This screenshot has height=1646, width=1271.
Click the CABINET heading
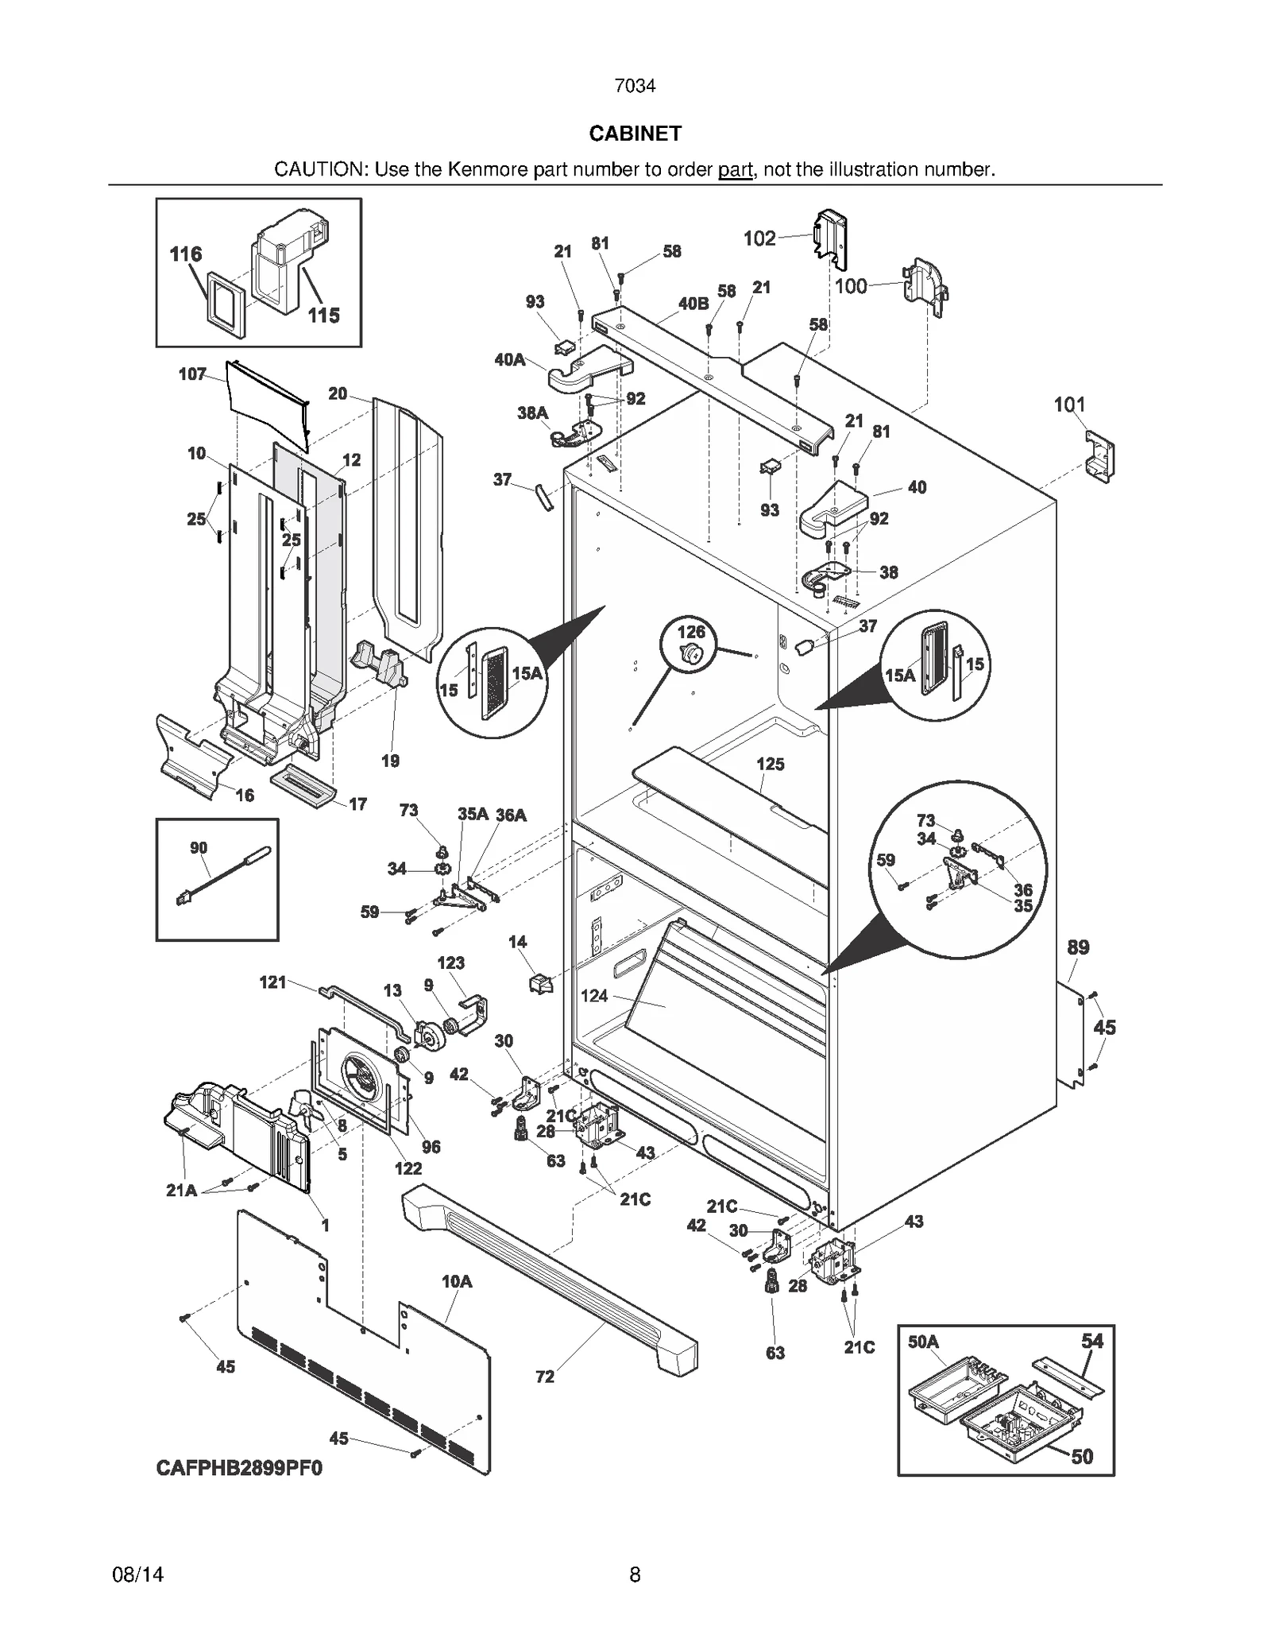click(635, 134)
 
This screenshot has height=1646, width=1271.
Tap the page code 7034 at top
click(635, 86)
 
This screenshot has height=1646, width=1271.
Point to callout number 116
click(186, 254)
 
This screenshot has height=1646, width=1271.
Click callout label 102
click(759, 238)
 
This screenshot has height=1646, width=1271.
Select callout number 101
click(1069, 405)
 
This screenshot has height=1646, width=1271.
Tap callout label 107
click(192, 374)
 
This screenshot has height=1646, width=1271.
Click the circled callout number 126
click(691, 632)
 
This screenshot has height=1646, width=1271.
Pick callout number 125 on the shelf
click(770, 764)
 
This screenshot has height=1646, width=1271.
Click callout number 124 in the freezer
click(594, 995)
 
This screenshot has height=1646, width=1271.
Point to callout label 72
click(545, 1377)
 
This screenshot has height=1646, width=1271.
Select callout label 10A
click(457, 1280)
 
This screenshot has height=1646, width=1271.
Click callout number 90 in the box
click(199, 848)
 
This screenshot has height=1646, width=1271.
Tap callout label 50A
click(923, 1342)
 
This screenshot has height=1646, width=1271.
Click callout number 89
click(1078, 947)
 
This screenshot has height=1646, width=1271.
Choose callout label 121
click(272, 982)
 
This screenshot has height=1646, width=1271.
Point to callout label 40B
click(693, 304)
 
